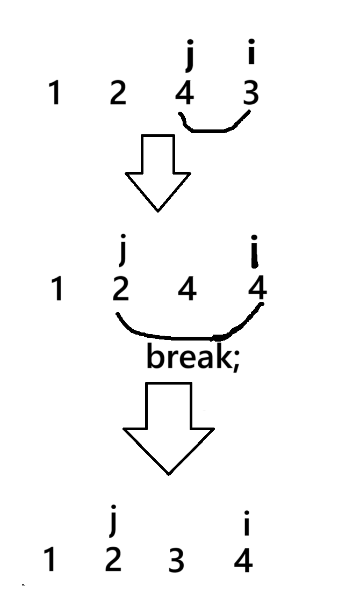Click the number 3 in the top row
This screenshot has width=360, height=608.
pyautogui.click(x=250, y=93)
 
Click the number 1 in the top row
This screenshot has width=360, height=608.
pyautogui.click(x=54, y=94)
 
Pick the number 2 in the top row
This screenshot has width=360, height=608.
pyautogui.click(x=117, y=94)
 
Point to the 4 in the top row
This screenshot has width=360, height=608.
pyautogui.click(x=184, y=94)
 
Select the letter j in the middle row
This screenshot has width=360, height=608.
pyautogui.click(x=123, y=252)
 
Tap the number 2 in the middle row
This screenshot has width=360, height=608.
pyautogui.click(x=120, y=289)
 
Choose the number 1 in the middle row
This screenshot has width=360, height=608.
pyautogui.click(x=57, y=289)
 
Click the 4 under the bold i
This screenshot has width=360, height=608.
pyautogui.click(x=257, y=289)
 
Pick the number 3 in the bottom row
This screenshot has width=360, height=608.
pyautogui.click(x=176, y=562)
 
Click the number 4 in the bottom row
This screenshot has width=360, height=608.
pyautogui.click(x=243, y=561)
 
